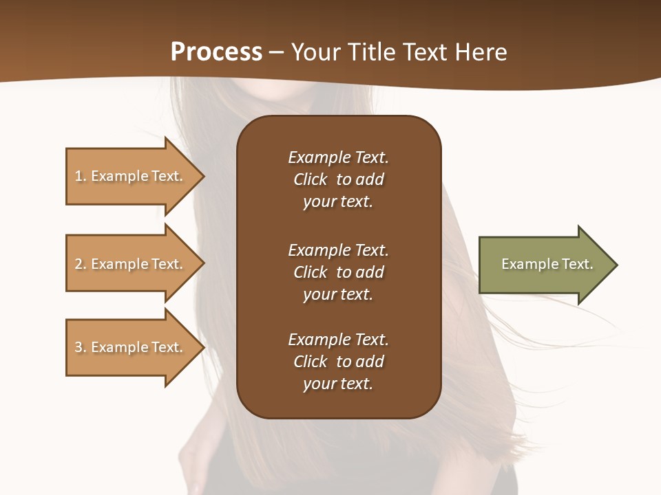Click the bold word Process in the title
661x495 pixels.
[216, 52]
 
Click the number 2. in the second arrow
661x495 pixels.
[80, 264]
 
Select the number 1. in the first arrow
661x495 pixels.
[80, 176]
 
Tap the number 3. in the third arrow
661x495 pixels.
[80, 347]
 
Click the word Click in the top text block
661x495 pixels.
[311, 179]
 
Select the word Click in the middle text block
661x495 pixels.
[311, 272]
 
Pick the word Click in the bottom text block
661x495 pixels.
[311, 362]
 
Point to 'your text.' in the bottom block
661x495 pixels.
[338, 384]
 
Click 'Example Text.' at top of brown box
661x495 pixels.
[338, 157]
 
